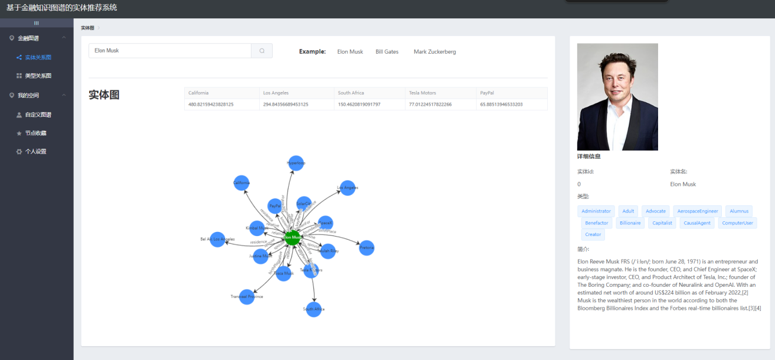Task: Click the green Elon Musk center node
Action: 293,237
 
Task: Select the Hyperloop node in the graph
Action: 296,163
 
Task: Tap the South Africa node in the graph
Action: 313,309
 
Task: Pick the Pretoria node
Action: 367,248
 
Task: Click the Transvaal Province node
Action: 247,296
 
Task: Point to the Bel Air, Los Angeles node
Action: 218,240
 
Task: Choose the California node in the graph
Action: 241,183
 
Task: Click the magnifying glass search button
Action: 262,51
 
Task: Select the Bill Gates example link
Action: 387,52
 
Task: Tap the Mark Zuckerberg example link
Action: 434,52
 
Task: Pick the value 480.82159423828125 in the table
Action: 211,104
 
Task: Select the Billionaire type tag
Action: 630,223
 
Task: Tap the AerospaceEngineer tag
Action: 698,211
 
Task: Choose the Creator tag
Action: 593,235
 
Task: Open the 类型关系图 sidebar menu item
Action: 38,76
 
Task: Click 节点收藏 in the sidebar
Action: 35,133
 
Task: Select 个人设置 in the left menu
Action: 35,152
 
